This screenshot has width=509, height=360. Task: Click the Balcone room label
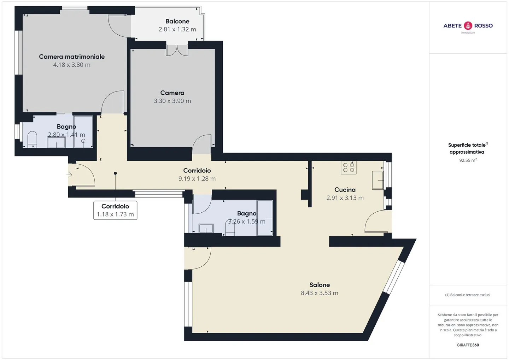click(177, 21)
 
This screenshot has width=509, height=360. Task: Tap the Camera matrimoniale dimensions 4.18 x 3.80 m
click(72, 65)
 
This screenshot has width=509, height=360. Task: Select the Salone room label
click(320, 285)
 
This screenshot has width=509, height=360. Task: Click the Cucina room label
click(345, 190)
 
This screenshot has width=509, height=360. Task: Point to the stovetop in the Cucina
click(349, 167)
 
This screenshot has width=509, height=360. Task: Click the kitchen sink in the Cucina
click(378, 180)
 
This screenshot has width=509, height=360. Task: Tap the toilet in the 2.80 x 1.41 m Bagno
click(32, 139)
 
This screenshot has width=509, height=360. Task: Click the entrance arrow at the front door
click(69, 175)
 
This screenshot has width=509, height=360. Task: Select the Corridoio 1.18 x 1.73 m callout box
click(115, 210)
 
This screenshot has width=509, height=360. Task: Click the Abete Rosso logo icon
click(468, 26)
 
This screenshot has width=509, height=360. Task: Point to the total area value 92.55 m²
click(468, 160)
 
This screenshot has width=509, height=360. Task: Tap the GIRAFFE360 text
click(468, 345)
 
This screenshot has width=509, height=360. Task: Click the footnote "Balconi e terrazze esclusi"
click(468, 295)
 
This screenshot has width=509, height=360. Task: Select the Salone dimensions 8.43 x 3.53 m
click(320, 293)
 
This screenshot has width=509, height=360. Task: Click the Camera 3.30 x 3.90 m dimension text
click(172, 101)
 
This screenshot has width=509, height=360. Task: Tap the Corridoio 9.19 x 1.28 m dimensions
click(197, 179)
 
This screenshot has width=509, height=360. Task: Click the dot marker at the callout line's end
click(115, 173)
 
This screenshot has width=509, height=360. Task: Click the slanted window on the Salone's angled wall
click(394, 277)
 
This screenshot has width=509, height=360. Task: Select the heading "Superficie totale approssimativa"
click(468, 148)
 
